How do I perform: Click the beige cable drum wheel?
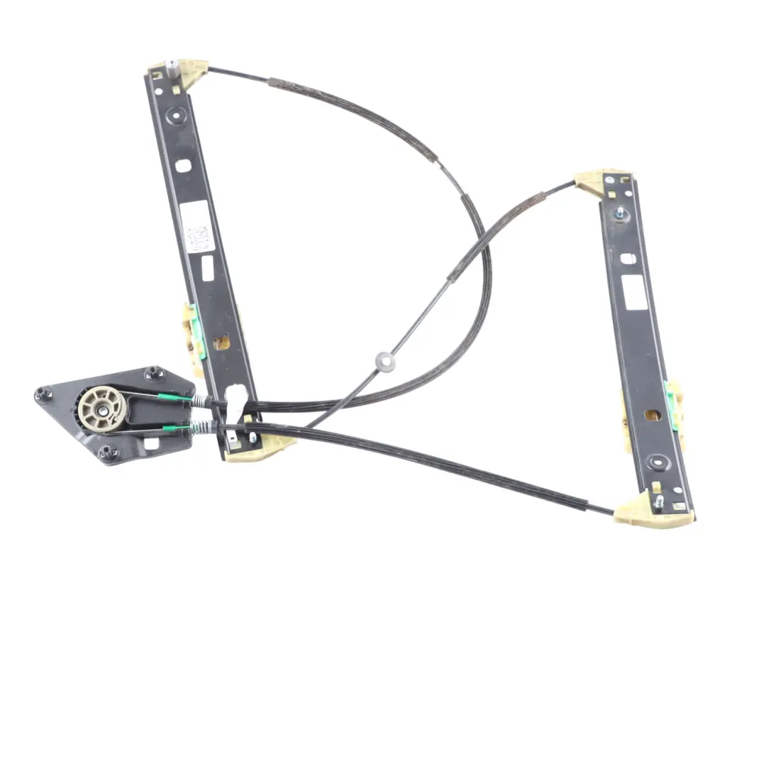pos(101,408)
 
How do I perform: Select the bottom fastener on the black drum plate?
pos(108,453)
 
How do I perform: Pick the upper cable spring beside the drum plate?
pos(203,401)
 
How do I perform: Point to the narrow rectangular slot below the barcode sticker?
pos(208,267)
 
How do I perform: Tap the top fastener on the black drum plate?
pos(154,373)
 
